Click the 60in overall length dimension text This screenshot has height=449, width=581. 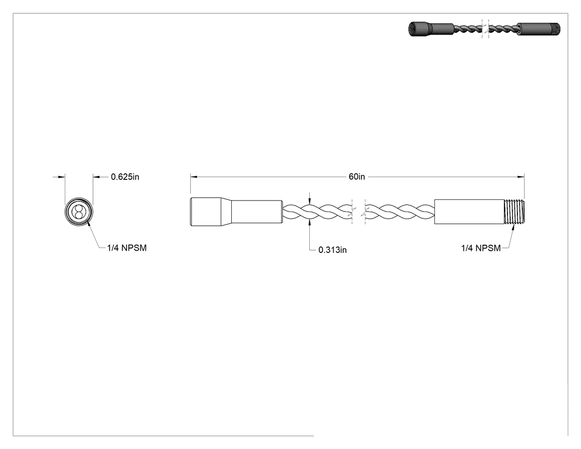tap(356, 177)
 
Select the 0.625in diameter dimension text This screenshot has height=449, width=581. tap(125, 177)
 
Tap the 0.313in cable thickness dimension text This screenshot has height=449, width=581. tap(333, 250)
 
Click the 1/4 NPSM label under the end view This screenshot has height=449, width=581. tap(127, 248)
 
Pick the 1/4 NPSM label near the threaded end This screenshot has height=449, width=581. tap(481, 248)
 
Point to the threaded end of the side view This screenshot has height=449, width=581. tap(515, 211)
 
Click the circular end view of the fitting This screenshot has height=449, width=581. tap(79, 212)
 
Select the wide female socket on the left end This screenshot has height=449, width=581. tap(206, 211)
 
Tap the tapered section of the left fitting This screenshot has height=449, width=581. tap(226, 211)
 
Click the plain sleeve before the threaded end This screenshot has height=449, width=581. tap(470, 211)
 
